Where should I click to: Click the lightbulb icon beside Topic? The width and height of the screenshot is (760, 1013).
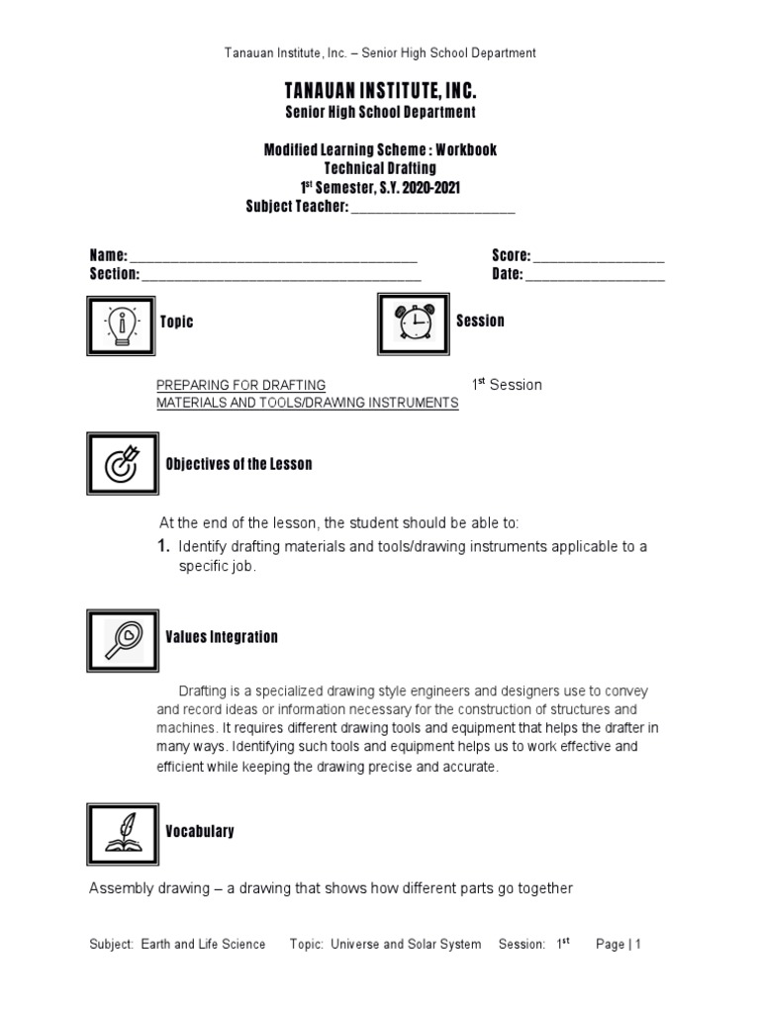pyautogui.click(x=123, y=323)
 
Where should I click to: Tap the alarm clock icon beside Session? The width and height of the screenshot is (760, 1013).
pyautogui.click(x=414, y=322)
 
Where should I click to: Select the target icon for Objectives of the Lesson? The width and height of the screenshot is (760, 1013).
pyautogui.click(x=123, y=464)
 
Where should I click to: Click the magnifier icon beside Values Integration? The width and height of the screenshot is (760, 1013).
pyautogui.click(x=123, y=639)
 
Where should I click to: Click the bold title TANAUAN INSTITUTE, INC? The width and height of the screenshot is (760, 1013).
pyautogui.click(x=381, y=92)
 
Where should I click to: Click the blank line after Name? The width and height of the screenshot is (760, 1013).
pyautogui.click(x=273, y=257)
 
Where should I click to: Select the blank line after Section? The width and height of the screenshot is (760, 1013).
pyautogui.click(x=281, y=275)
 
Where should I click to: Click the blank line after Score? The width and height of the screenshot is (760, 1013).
pyautogui.click(x=599, y=257)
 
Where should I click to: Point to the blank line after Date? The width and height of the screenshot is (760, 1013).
pyautogui.click(x=595, y=275)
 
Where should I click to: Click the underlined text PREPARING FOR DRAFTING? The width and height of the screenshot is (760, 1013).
pyautogui.click(x=241, y=385)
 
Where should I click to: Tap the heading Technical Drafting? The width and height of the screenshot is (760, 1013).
pyautogui.click(x=380, y=168)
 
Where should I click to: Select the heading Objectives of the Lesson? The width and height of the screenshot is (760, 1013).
pyautogui.click(x=238, y=464)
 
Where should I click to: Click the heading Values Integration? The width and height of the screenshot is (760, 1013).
pyautogui.click(x=222, y=637)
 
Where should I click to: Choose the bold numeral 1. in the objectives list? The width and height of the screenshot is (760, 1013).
pyautogui.click(x=164, y=547)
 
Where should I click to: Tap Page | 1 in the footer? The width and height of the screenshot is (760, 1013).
pyautogui.click(x=618, y=945)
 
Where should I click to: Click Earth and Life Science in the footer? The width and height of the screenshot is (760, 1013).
pyautogui.click(x=203, y=945)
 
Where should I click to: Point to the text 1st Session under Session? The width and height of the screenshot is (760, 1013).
pyautogui.click(x=507, y=385)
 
